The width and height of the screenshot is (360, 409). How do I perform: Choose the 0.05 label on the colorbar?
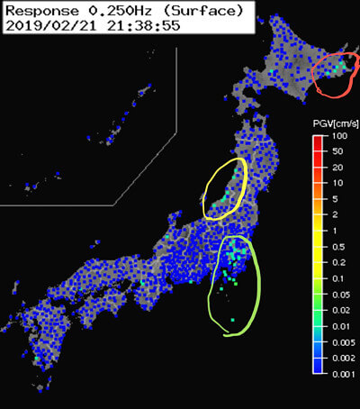[x=339, y=295]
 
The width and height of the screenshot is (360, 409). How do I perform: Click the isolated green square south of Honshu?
[x=232, y=319]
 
